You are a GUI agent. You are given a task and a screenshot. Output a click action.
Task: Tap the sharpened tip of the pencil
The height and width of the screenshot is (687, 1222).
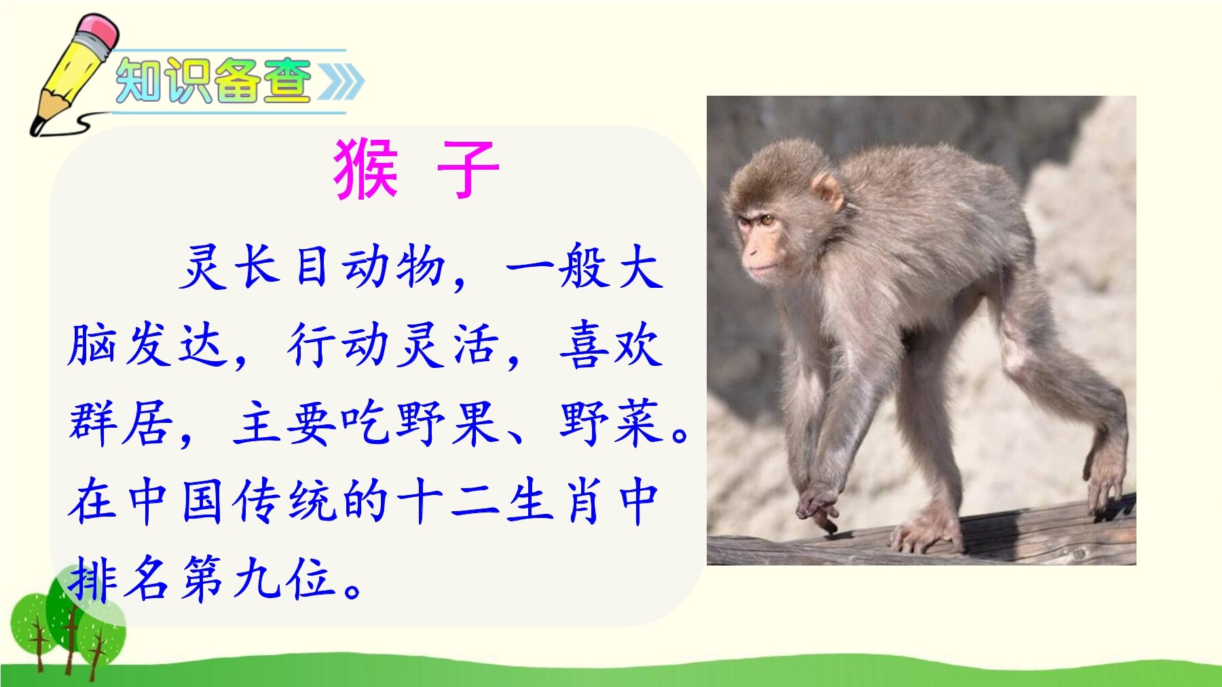click(35, 127)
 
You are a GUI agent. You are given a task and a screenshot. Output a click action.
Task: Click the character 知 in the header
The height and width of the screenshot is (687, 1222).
click(139, 81)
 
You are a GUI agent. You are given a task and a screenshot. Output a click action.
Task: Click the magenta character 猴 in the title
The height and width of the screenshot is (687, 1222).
click(365, 170)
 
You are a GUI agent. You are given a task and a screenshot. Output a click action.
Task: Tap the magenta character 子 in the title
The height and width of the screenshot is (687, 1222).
click(468, 170)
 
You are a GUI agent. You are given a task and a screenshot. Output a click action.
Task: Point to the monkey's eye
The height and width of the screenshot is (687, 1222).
click(766, 220)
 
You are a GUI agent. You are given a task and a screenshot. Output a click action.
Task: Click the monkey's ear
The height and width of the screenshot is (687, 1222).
click(828, 191)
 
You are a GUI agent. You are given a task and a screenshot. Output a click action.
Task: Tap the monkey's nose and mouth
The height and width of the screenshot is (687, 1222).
click(755, 261)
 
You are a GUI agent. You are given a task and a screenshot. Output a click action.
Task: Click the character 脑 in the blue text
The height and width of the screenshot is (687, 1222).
click(92, 345)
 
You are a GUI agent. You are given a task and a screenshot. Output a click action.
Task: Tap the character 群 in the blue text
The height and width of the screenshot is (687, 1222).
click(92, 422)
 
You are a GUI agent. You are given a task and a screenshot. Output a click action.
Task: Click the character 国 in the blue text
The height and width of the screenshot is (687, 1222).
click(202, 502)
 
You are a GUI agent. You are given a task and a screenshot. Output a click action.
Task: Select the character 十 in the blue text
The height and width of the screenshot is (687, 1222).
click(421, 502)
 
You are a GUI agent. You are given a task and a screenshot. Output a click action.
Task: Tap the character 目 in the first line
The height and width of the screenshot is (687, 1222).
click(312, 266)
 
